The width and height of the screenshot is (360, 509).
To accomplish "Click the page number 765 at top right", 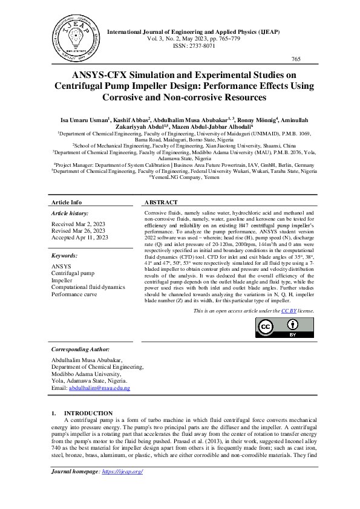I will (x=296, y=59).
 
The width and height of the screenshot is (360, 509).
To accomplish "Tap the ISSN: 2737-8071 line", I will (x=198, y=45).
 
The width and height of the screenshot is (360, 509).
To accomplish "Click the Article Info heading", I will (x=67, y=203).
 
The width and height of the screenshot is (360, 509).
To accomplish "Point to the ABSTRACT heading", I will (x=161, y=203).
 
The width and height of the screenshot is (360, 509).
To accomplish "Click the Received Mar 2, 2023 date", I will (x=79, y=224).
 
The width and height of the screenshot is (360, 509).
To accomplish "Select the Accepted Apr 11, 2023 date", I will (x=80, y=238).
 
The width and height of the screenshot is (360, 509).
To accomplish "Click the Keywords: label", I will (x=65, y=256).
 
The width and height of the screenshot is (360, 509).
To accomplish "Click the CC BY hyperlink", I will (x=289, y=311).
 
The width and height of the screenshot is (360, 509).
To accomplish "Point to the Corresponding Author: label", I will (x=80, y=349).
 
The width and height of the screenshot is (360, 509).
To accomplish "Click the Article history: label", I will (x=70, y=213).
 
